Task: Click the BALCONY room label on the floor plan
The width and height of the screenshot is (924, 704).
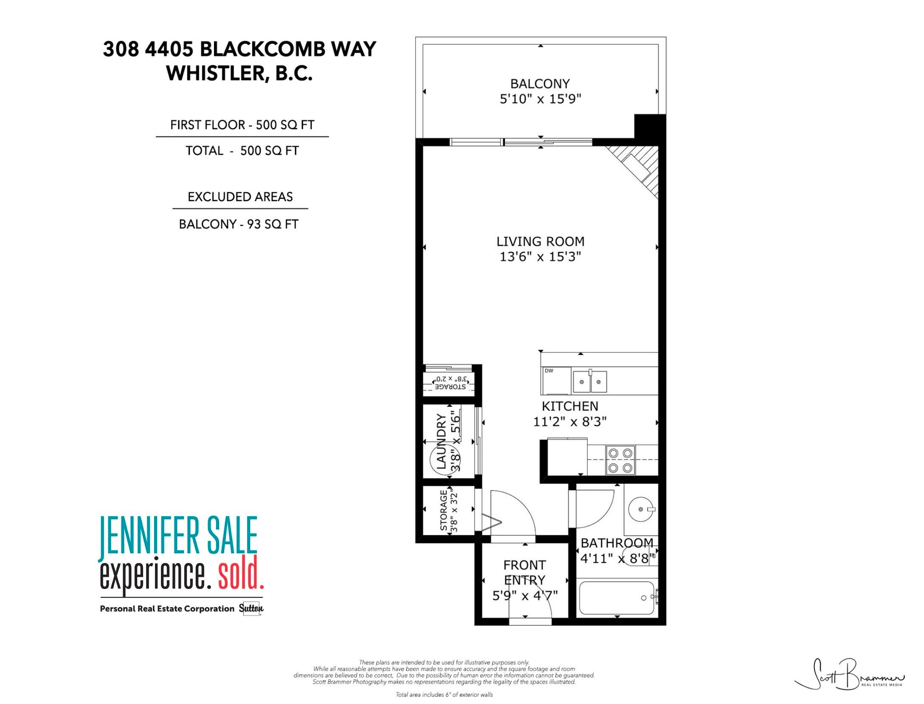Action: pos(540,84)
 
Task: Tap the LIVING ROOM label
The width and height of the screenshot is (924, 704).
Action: pos(541,241)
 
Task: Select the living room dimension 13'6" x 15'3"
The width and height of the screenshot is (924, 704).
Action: pos(540,257)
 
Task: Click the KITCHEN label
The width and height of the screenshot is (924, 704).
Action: pos(570,406)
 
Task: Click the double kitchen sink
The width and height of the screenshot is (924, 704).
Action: pos(590,381)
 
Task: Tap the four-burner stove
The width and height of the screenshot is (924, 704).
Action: pos(620,460)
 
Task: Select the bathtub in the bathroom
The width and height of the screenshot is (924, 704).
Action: pos(616,598)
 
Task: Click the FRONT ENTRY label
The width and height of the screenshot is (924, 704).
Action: pos(524,573)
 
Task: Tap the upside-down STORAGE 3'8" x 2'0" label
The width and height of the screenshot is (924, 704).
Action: pos(450,383)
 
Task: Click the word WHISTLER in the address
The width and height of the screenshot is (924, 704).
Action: pos(215,73)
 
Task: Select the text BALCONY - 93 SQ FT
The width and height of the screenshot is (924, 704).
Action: pos(239,224)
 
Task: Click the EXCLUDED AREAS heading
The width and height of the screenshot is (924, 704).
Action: pos(240,197)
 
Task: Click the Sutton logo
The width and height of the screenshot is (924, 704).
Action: pos(251,608)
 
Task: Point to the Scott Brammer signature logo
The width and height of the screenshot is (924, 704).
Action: pos(849,680)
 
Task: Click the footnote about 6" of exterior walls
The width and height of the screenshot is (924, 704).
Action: pos(444,695)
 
